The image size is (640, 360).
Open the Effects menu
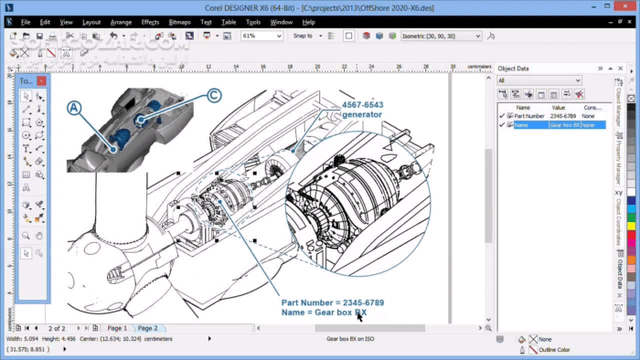(x=150, y=22)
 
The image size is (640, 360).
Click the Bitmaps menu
(x=180, y=22)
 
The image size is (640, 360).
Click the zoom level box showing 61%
(x=261, y=36)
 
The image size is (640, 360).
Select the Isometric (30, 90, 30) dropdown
(x=441, y=36)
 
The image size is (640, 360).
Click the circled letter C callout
(x=213, y=94)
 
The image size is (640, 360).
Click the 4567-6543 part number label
(x=362, y=105)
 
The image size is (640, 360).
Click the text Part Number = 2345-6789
(x=334, y=302)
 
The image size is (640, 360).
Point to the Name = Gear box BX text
(x=325, y=312)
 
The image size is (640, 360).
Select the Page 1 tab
(x=117, y=327)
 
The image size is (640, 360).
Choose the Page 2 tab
(x=146, y=327)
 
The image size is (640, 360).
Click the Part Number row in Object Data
(x=529, y=116)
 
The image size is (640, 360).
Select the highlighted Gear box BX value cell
(x=564, y=125)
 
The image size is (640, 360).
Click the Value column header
(x=559, y=107)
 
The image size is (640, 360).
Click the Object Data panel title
(x=514, y=68)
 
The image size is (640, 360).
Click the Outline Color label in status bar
(x=555, y=348)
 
